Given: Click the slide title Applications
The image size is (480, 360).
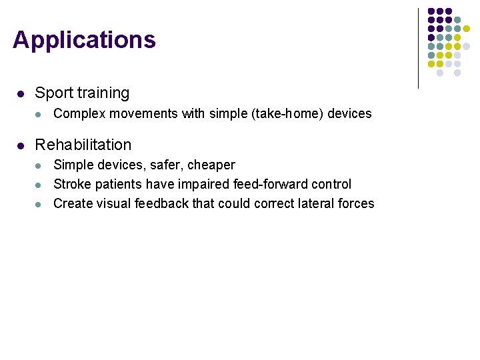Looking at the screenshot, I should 84,40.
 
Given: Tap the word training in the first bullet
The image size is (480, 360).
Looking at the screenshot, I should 103,93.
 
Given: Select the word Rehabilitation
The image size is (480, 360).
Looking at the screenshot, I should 83,145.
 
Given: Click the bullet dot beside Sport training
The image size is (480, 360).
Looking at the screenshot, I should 21,94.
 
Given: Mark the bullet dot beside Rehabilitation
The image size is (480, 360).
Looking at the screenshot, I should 21,145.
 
